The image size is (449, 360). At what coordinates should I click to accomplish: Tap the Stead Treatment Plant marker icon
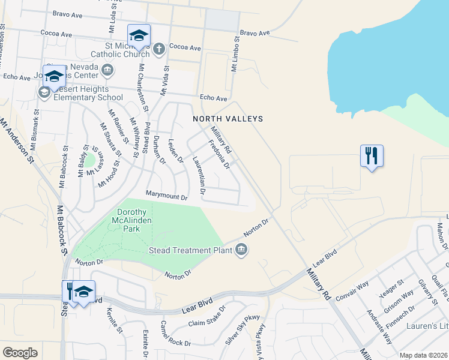(x=241, y=250)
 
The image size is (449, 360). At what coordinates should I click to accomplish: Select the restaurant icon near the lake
(x=372, y=156)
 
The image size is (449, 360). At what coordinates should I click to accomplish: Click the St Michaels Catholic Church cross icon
(x=158, y=49)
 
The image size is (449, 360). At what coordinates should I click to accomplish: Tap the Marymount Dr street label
(x=167, y=194)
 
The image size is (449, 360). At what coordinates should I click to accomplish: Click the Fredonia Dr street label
(x=219, y=154)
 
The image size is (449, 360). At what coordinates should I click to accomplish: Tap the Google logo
(x=20, y=353)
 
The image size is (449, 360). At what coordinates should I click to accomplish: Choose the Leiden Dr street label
(x=175, y=148)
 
